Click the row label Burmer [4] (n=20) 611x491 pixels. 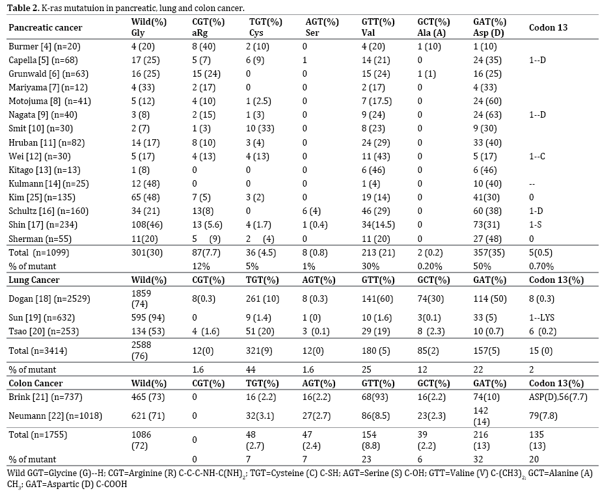point(44,47)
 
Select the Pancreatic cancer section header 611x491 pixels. point(45,28)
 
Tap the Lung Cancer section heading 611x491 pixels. point(34,280)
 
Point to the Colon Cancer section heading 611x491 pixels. point(35,383)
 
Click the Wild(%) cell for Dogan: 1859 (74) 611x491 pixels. point(141,299)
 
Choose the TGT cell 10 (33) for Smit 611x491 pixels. point(260,129)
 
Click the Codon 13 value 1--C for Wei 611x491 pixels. point(537,156)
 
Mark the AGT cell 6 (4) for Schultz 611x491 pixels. point(313,211)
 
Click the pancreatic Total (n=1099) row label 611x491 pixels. point(38,253)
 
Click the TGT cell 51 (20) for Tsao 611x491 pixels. point(260,332)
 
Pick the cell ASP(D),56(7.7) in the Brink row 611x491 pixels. point(558,397)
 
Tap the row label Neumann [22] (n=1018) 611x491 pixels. point(55,416)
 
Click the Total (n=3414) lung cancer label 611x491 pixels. point(38,351)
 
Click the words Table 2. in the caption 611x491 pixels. point(23,8)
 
